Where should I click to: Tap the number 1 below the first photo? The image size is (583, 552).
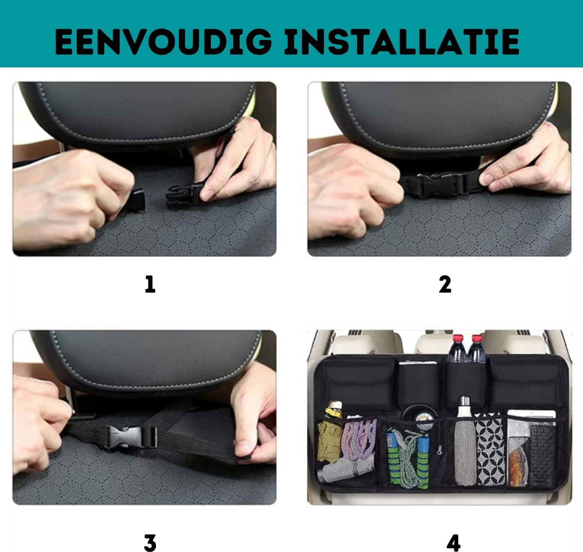click(150, 284)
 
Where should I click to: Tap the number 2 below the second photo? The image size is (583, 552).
click(445, 284)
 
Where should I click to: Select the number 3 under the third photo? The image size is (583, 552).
click(150, 543)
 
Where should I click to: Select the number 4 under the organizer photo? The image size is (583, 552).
click(453, 543)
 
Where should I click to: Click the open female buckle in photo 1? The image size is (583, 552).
click(183, 196)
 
